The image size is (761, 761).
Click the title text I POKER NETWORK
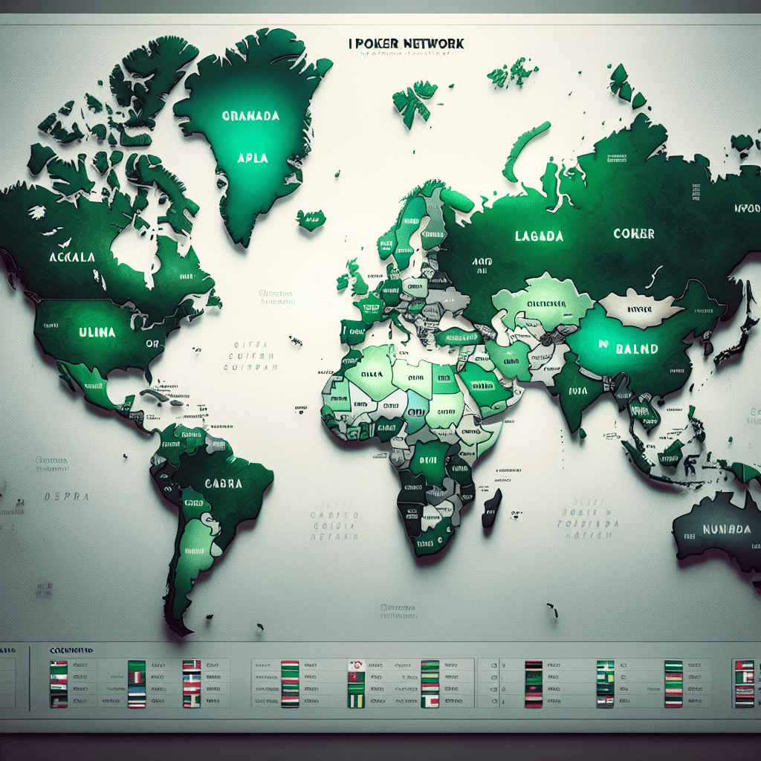coord(406,44)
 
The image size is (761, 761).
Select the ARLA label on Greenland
coord(252,158)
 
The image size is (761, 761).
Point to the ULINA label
coord(97,332)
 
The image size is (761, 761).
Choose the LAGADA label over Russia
coord(539,236)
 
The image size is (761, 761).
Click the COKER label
coord(634,233)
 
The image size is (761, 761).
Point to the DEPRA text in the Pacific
coord(67,496)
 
